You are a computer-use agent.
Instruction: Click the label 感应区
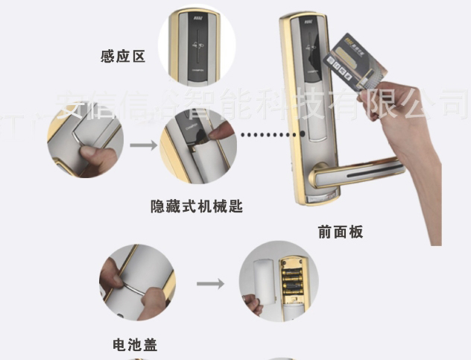click(122, 56)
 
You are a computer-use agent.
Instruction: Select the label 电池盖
click(134, 345)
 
